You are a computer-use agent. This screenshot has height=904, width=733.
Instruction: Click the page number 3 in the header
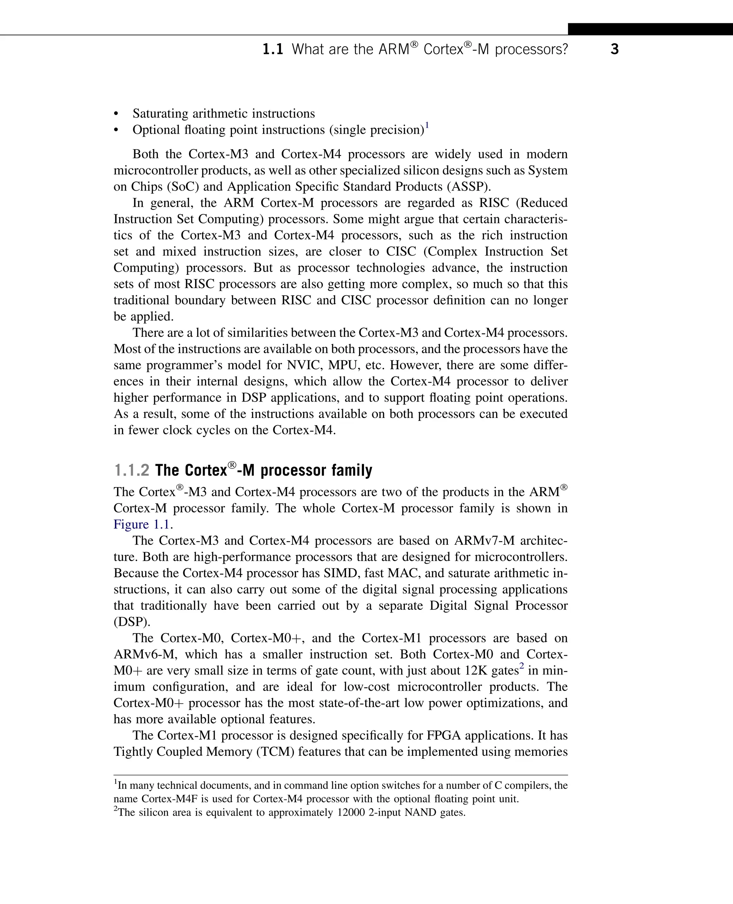(x=614, y=49)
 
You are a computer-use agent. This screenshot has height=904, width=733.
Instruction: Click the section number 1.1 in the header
(x=273, y=49)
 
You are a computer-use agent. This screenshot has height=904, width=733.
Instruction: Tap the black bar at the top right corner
(x=650, y=29)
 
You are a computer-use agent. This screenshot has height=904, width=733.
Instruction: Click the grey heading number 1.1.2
(x=131, y=470)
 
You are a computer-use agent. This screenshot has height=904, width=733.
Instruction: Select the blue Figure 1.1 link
(x=142, y=524)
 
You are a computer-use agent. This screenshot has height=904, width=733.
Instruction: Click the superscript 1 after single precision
(x=427, y=125)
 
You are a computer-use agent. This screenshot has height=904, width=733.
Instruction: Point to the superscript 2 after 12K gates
(x=521, y=666)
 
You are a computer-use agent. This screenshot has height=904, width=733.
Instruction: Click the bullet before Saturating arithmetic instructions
(x=116, y=114)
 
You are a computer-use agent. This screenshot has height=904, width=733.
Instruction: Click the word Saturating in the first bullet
(x=160, y=113)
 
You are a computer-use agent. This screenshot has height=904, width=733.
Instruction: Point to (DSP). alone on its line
(x=132, y=622)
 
